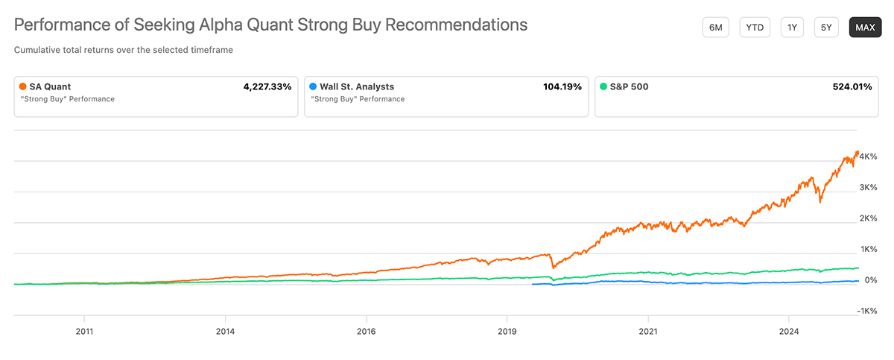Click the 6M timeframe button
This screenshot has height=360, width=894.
[715, 28]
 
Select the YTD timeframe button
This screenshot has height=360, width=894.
[755, 28]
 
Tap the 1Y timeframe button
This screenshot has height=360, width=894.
[793, 28]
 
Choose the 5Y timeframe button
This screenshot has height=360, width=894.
[826, 28]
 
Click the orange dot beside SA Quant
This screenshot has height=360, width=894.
[22, 86]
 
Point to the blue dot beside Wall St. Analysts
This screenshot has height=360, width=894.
[313, 86]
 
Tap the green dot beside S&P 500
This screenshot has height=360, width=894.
[603, 86]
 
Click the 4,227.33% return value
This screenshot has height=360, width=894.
[267, 86]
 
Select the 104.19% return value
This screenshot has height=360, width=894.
[562, 86]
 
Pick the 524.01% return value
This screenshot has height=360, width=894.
[852, 86]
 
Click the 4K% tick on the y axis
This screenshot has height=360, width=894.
[868, 157]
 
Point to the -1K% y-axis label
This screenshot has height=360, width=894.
[866, 311]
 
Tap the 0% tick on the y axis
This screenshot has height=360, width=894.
[871, 280]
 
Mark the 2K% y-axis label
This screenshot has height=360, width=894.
[868, 218]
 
